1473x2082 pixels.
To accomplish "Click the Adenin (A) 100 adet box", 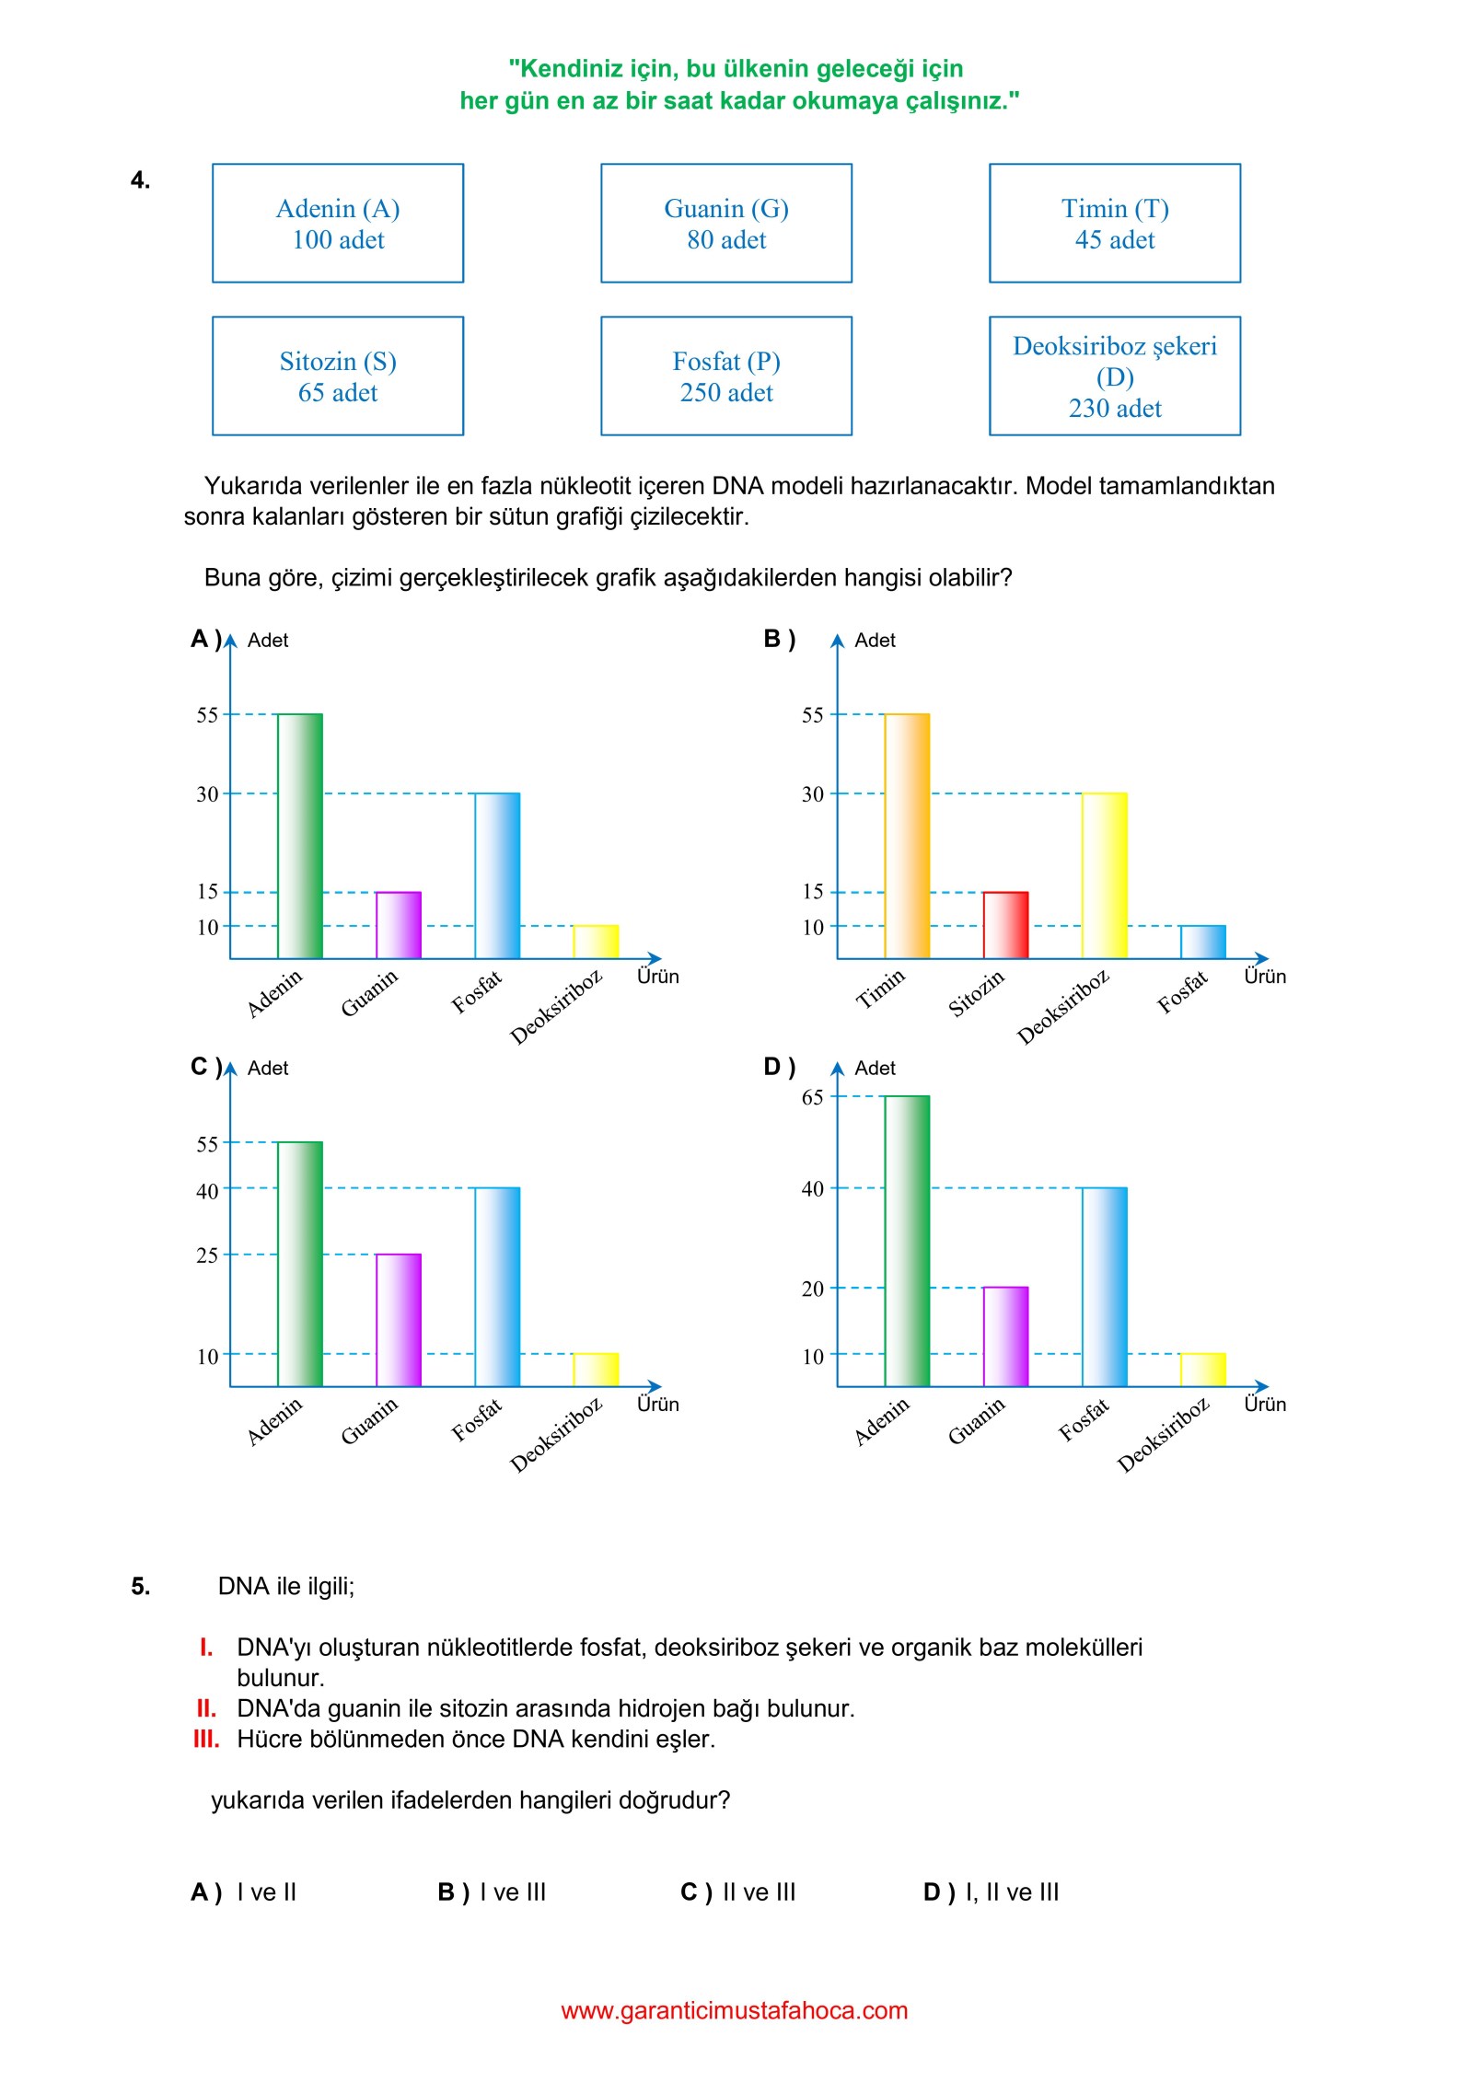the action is coord(338,223).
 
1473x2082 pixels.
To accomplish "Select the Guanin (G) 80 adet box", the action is coord(726,223).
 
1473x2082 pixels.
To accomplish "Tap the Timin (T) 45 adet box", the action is coord(1115,223).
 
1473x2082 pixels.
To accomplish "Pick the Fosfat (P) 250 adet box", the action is coord(726,376).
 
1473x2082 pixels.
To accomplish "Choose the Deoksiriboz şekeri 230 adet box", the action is coord(1115,376).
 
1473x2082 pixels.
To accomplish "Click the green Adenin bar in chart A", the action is coord(300,836).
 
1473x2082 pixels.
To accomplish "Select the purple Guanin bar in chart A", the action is coord(399,925).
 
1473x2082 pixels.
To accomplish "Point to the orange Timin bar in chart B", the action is coord(907,836).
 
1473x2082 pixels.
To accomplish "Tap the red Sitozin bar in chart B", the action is coord(1005,925).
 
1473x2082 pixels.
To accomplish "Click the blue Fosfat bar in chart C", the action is coord(497,1287).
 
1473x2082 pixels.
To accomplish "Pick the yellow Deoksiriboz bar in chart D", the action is coord(1203,1370).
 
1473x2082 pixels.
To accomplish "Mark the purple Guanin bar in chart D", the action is coord(1005,1336).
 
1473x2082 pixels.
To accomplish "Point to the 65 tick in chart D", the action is coord(812,1096).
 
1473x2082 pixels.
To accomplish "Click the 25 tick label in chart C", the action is coord(207,1255).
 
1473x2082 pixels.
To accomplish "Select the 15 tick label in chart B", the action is coord(812,891).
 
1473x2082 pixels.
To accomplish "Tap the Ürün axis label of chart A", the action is coord(658,976).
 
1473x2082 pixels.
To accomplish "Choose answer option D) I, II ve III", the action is coord(992,1891).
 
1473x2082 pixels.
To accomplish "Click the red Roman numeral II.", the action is coord(206,1708).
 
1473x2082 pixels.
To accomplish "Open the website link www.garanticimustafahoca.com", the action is coord(735,2010).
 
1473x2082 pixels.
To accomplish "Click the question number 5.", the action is coord(140,1586).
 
